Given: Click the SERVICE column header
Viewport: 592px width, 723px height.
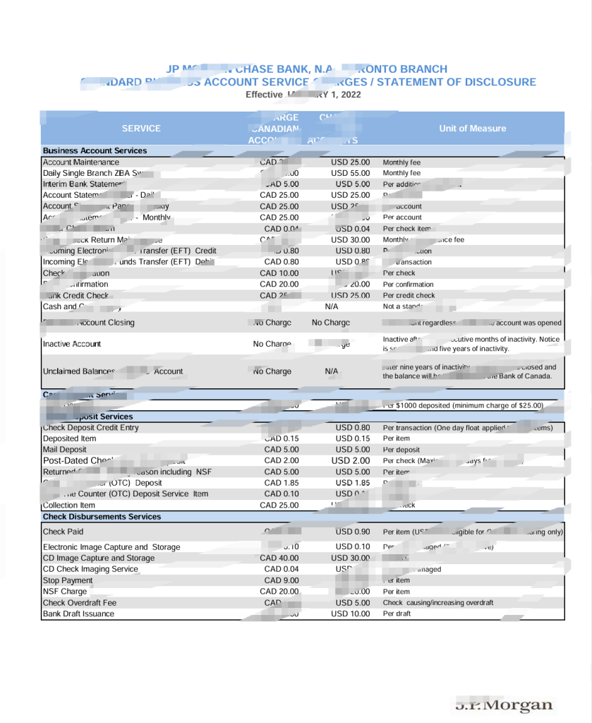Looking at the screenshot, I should coord(141,129).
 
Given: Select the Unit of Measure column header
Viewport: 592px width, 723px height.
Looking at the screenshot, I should coord(472,129).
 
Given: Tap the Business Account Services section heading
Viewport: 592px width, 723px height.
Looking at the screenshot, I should coord(95,150).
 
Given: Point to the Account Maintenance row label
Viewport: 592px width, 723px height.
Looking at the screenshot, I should coord(81,162).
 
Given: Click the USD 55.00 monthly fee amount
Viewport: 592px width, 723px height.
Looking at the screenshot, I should coord(350,173).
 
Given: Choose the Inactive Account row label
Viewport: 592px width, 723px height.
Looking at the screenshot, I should coord(72,344).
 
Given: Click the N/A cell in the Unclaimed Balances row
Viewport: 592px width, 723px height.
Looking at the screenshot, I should coord(331,371).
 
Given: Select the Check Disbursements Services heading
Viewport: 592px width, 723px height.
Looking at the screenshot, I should coord(102,517).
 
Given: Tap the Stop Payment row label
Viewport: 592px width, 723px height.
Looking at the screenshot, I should coord(68,580).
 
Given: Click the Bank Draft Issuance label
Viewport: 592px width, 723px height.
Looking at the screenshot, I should coord(78,614).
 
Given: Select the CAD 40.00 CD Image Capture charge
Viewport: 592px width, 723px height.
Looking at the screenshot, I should coord(279,558).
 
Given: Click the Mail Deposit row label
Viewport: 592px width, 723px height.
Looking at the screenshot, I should coord(65,450).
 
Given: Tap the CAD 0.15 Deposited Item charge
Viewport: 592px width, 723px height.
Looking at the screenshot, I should coord(282,438).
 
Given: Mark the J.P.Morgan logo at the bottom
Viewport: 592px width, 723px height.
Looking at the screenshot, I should coord(504,705).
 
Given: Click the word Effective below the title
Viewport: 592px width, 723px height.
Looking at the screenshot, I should coord(264,95).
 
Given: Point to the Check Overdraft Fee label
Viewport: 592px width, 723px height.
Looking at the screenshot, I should coord(79,603).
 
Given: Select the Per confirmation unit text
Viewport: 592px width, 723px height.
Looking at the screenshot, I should coord(409,285).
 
